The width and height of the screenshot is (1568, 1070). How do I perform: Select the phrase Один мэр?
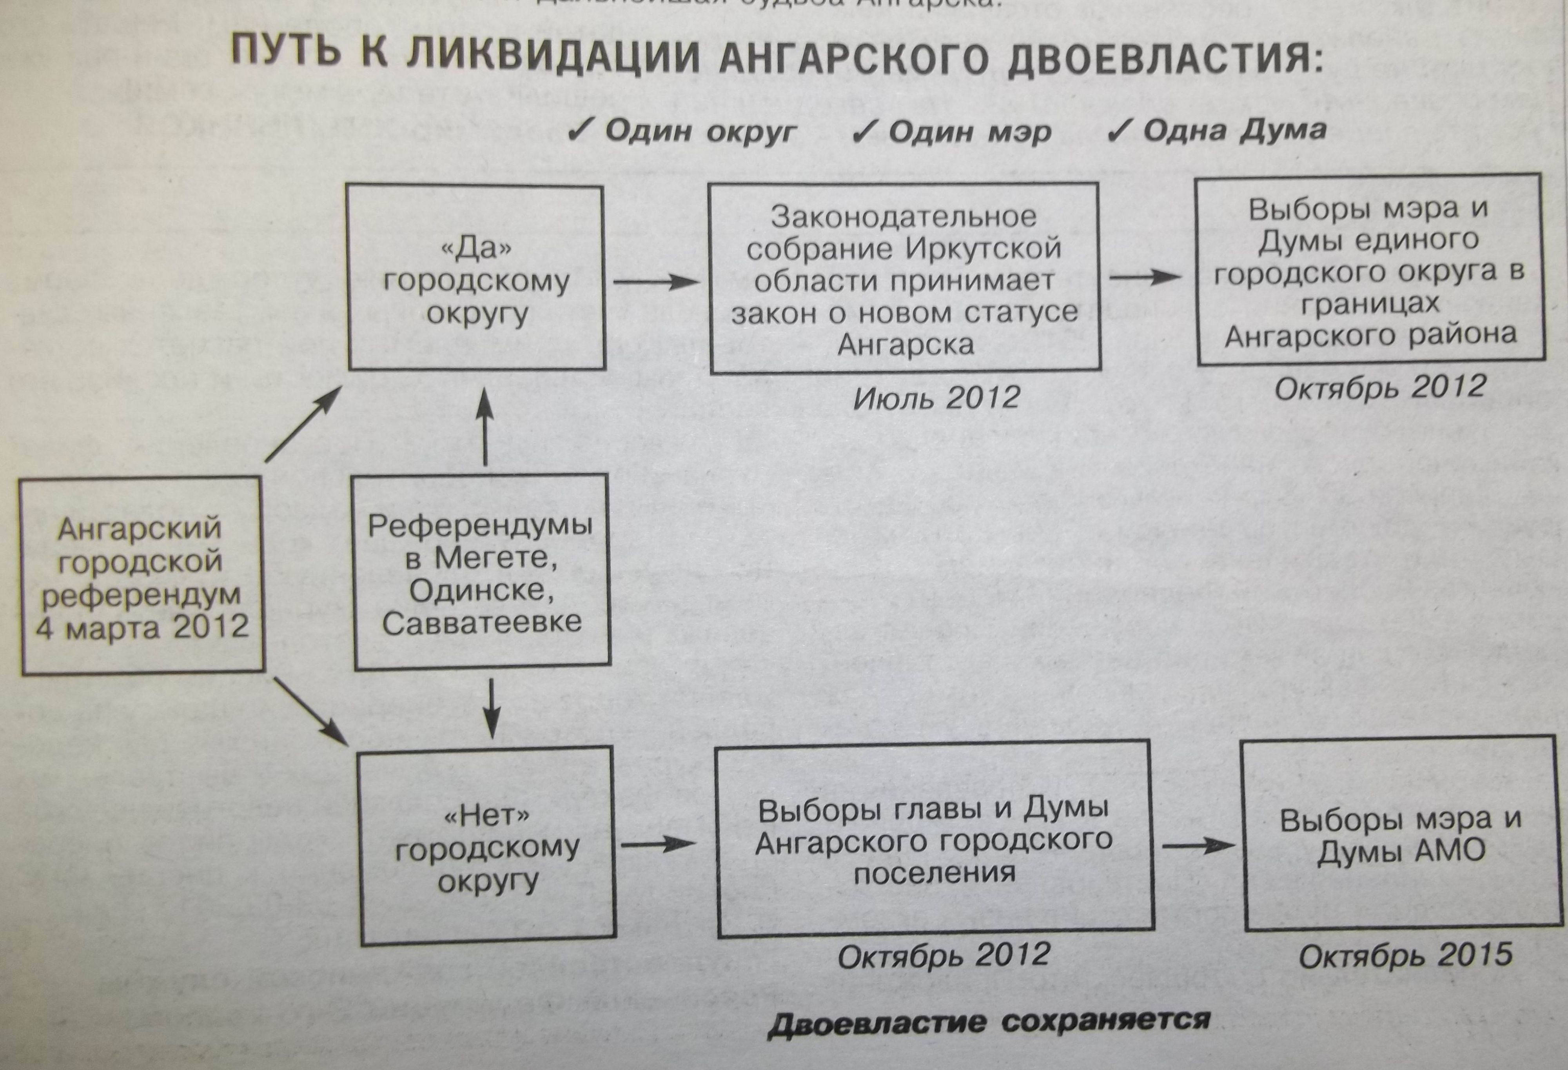(969, 132)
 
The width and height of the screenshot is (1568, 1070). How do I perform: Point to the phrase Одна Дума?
(1235, 129)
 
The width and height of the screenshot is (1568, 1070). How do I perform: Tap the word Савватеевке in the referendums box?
(482, 622)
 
